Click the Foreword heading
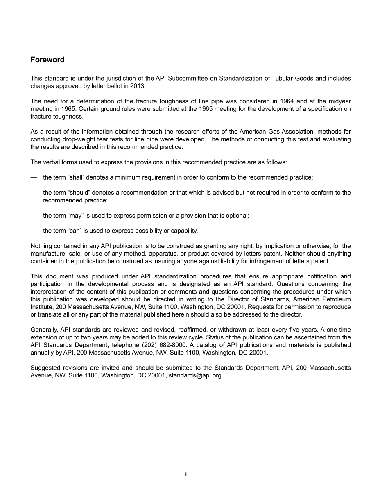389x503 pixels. [x=47, y=60]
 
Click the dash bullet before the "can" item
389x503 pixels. [x=34, y=231]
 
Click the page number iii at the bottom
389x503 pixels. [x=186, y=474]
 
